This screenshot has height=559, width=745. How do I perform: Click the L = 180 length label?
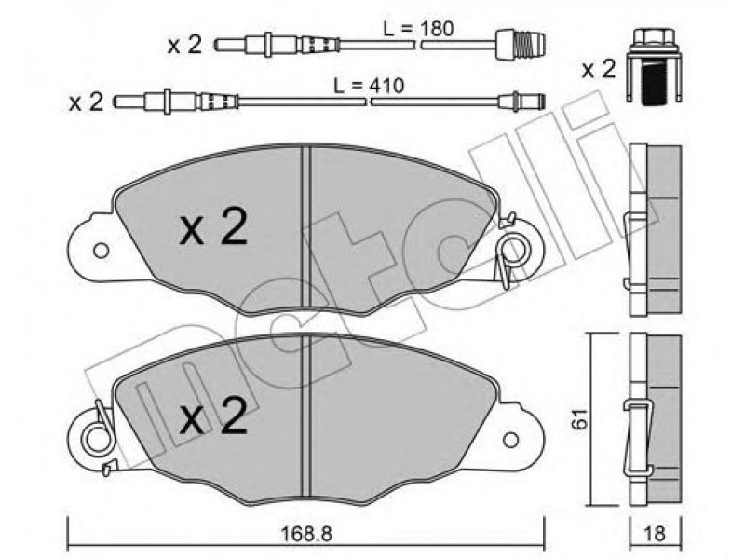click(x=418, y=30)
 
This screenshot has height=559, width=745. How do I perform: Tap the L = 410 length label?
click(x=369, y=86)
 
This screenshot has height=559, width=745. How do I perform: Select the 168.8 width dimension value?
click(x=307, y=534)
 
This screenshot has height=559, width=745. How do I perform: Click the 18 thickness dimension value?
click(x=655, y=534)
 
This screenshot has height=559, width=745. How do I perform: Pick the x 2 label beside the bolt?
click(x=599, y=70)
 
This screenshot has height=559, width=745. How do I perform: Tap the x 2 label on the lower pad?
click(x=213, y=416)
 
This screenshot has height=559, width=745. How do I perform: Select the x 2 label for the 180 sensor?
click(x=184, y=45)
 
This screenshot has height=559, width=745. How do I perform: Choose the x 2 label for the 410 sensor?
click(x=86, y=102)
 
